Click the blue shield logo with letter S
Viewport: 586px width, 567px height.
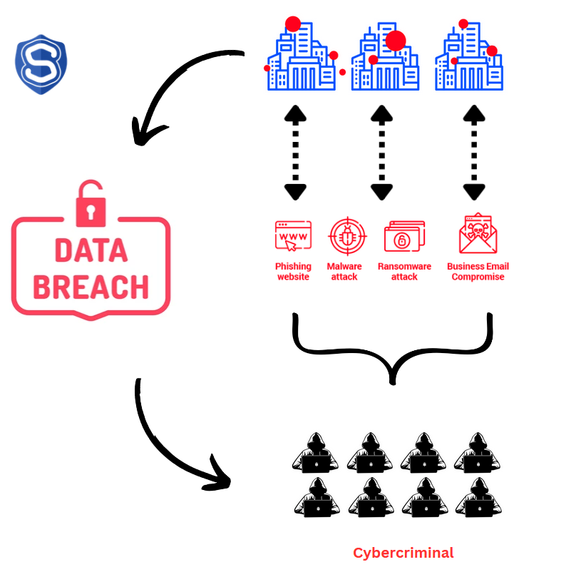pos(41,64)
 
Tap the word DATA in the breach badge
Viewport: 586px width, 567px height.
pos(91,250)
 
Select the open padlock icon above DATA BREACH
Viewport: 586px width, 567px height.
pos(91,203)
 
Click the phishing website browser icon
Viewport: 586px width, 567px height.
pos(293,236)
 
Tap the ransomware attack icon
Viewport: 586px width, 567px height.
pos(404,237)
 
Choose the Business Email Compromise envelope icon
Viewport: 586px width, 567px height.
pos(478,234)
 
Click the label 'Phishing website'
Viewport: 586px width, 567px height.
pos(293,272)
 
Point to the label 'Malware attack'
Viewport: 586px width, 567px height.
pos(344,272)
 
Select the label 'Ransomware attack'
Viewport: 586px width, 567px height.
pos(404,272)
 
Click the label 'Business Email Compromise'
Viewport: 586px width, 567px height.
pos(478,272)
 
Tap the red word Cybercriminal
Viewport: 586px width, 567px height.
pos(403,553)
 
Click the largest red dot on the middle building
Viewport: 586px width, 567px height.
pos(396,40)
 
